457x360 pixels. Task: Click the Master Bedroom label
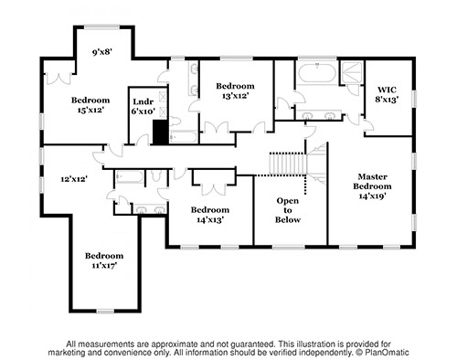(x=372, y=186)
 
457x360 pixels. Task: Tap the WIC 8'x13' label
(x=387, y=94)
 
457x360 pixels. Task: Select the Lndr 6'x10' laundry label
(x=143, y=106)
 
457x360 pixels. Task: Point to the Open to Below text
(x=288, y=210)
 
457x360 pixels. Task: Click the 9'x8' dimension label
(x=102, y=52)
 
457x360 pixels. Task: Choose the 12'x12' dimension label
(x=74, y=179)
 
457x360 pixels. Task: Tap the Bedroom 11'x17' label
(x=104, y=260)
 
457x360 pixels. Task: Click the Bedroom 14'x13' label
(x=210, y=215)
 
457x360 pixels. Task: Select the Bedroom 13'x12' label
(x=235, y=90)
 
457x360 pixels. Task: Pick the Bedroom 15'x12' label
(x=90, y=105)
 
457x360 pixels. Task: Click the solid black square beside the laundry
(x=160, y=132)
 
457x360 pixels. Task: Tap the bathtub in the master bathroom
(x=317, y=73)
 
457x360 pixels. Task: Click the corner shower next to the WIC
(x=352, y=72)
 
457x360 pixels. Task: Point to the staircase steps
(x=288, y=164)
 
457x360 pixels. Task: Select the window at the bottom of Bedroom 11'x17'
(x=105, y=312)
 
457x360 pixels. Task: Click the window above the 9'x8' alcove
(x=101, y=27)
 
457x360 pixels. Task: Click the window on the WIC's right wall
(x=414, y=99)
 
